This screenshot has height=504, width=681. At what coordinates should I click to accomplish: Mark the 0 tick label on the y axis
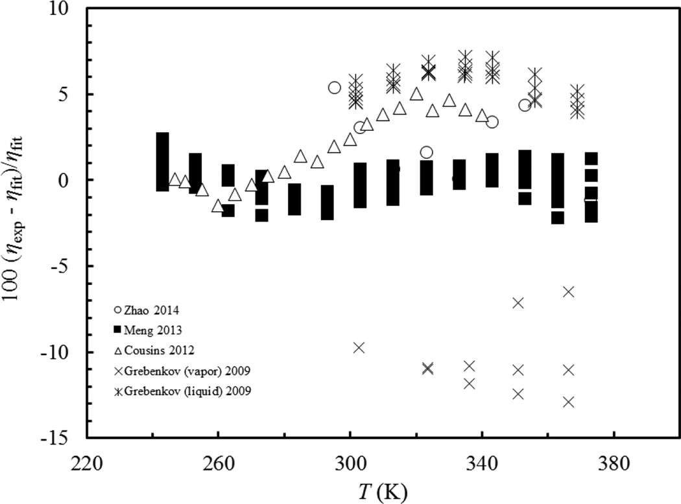tap(71, 180)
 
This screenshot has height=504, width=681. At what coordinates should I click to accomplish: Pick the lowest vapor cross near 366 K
tap(569, 402)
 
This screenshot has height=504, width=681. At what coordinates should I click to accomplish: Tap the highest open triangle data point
tap(416, 95)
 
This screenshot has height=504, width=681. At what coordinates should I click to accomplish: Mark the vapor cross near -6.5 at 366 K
tap(568, 292)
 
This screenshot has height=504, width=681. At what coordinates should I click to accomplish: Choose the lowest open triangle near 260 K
tap(218, 206)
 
